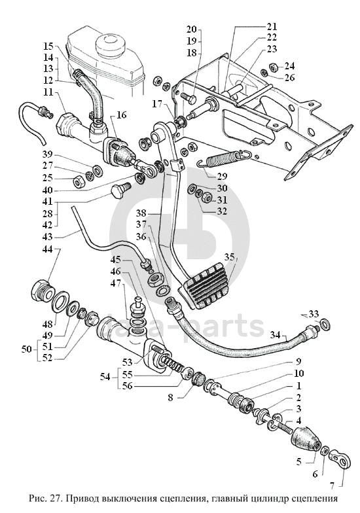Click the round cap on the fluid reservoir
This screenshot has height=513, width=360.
[x=111, y=46]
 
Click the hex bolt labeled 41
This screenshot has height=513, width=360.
[x=120, y=190]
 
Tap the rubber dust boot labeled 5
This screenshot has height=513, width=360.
[x=305, y=438]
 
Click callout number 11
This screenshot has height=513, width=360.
[x=48, y=93]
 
